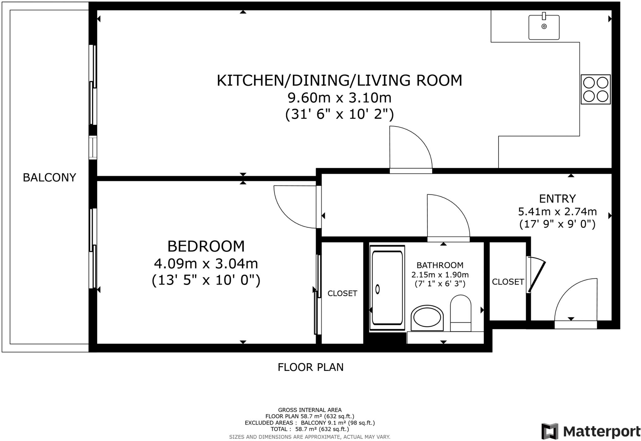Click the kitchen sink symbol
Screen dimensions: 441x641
click(x=544, y=27)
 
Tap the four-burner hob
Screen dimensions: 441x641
click(x=596, y=89)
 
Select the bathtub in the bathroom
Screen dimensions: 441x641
click(x=387, y=288)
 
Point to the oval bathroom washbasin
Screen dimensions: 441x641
click(x=427, y=318)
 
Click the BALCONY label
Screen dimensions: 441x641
click(x=49, y=178)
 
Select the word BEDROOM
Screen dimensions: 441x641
click(x=206, y=246)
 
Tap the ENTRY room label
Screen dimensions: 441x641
click(x=557, y=199)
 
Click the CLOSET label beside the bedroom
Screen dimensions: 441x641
click(x=342, y=293)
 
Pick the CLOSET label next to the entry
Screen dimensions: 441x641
click(x=508, y=282)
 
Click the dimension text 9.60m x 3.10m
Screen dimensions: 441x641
click(x=340, y=98)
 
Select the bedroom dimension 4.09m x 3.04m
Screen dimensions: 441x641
click(x=206, y=263)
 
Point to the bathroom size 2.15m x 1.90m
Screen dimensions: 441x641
click(x=440, y=275)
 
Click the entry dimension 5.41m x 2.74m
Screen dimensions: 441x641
click(x=557, y=212)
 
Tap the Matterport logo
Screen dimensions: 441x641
click(x=591, y=431)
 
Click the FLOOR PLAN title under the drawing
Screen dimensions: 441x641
click(x=310, y=367)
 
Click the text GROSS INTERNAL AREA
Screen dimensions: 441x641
click(x=310, y=410)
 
